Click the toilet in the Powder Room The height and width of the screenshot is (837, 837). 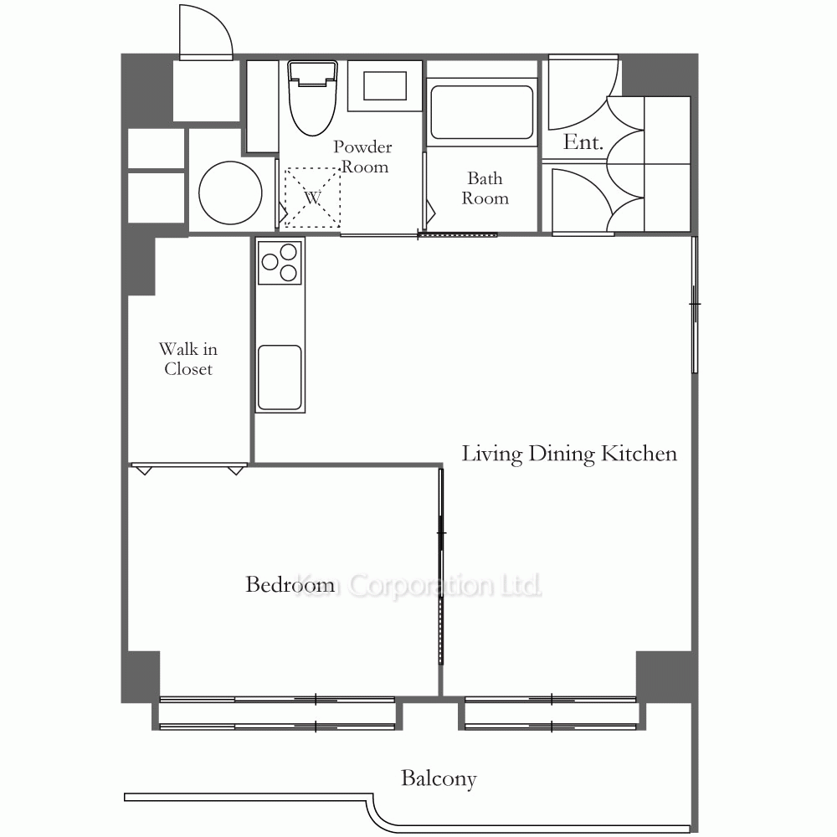point(312,98)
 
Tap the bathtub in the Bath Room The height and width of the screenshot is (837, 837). point(481,112)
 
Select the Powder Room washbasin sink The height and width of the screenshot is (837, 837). point(385,85)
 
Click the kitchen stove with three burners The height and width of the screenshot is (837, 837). point(280,262)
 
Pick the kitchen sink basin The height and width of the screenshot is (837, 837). point(280,378)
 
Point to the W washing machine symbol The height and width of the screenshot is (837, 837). point(312,198)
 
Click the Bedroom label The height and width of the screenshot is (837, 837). point(290,584)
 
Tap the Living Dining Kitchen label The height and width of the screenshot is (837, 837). point(569,454)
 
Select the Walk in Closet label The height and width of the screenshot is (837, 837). point(188,359)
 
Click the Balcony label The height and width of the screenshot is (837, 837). point(439,778)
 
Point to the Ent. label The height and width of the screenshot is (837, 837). point(583,141)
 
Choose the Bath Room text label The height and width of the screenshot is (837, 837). point(485,187)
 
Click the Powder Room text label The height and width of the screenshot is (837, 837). point(363,157)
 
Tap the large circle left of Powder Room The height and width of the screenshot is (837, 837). point(231,193)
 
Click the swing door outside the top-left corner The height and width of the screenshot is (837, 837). point(206,33)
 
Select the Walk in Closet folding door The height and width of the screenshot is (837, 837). point(189,468)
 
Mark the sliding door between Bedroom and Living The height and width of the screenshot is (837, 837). point(441,566)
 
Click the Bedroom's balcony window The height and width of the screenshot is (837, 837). point(277,712)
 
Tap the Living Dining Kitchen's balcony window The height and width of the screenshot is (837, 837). point(551,712)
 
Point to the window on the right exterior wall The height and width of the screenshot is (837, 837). point(695,305)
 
